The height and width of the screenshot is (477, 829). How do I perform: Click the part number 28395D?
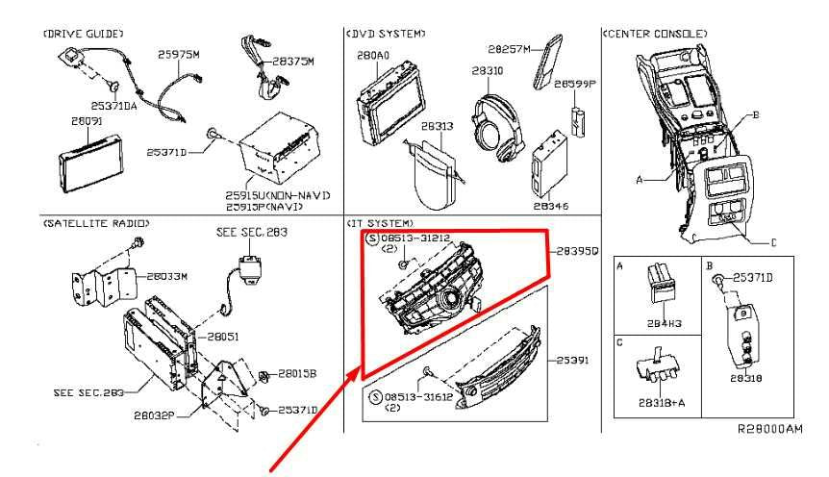coord(577,251)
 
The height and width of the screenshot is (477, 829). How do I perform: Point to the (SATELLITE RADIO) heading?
coord(95,223)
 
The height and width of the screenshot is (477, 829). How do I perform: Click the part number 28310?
coord(488,71)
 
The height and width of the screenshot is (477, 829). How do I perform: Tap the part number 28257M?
coord(509,47)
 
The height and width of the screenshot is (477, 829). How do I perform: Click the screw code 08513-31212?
coord(416,236)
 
